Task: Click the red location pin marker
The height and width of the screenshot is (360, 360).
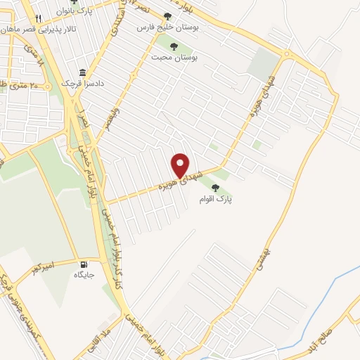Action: (181, 165)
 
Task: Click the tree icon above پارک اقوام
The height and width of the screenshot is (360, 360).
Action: (214, 187)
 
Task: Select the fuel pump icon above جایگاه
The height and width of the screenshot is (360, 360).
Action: (84, 263)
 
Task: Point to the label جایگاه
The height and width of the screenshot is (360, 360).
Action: (85, 274)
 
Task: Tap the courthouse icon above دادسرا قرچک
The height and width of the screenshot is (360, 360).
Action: (83, 72)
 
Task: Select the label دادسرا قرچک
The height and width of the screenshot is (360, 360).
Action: (84, 84)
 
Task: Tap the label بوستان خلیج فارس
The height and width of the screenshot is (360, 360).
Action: (186, 27)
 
